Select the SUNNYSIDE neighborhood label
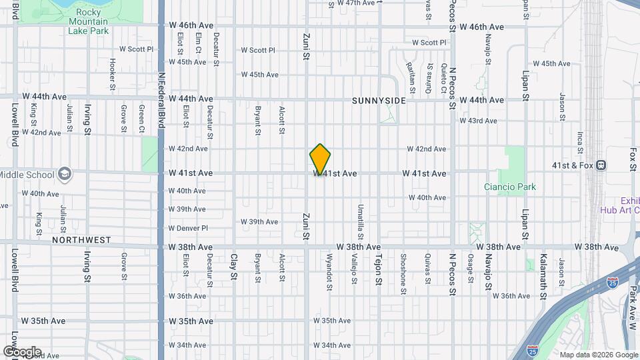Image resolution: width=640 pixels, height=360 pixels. (379, 101)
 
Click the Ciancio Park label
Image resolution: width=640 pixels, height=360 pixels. (510, 187)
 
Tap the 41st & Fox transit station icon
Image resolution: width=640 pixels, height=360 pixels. (601, 165)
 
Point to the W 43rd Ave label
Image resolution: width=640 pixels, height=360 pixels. (479, 121)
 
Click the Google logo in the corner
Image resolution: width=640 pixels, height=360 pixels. (21, 351)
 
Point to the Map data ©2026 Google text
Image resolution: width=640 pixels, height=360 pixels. (597, 355)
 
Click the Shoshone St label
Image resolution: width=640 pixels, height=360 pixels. (403, 273)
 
